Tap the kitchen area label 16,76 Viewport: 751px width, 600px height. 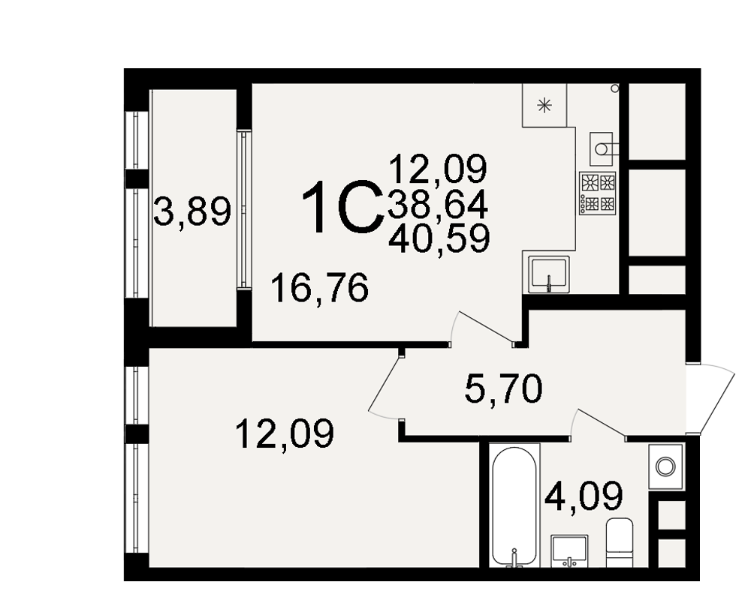[x=319, y=287]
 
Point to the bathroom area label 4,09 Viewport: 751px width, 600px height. [x=584, y=495]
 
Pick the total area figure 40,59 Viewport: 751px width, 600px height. [x=439, y=238]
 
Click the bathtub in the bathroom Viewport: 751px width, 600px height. [x=514, y=506]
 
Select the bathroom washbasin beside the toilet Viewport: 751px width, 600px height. [x=569, y=550]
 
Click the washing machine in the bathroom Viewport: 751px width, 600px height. [x=665, y=466]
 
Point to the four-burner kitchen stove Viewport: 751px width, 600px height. [x=597, y=193]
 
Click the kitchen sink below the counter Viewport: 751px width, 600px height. [x=549, y=274]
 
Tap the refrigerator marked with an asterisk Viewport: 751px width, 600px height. [x=544, y=105]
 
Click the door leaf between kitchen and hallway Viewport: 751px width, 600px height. [x=484, y=326]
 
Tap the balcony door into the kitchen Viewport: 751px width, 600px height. [x=244, y=209]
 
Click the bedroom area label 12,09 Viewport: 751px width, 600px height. [x=285, y=434]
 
